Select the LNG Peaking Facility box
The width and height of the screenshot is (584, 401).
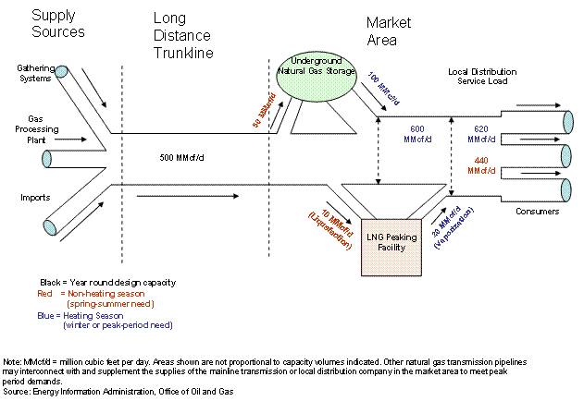pyautogui.click(x=398, y=248)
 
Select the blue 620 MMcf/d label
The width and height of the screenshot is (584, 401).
pyautogui.click(x=482, y=134)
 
